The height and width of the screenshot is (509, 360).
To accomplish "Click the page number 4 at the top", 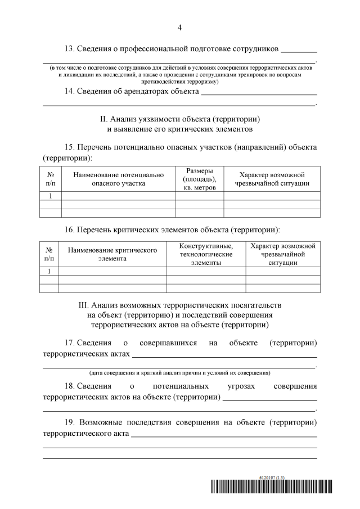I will (180, 27).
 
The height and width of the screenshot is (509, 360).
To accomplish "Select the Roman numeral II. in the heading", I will (103, 119).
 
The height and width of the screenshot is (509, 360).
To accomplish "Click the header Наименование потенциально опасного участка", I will (118, 179).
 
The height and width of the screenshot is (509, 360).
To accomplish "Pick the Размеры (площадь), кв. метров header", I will (199, 179).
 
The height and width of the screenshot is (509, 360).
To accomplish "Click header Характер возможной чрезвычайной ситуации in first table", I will (272, 179).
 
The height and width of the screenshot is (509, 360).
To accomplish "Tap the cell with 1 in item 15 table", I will (50, 196).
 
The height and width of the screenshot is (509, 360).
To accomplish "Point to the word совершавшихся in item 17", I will (169, 343).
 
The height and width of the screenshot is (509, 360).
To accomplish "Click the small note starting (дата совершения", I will (180, 373).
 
